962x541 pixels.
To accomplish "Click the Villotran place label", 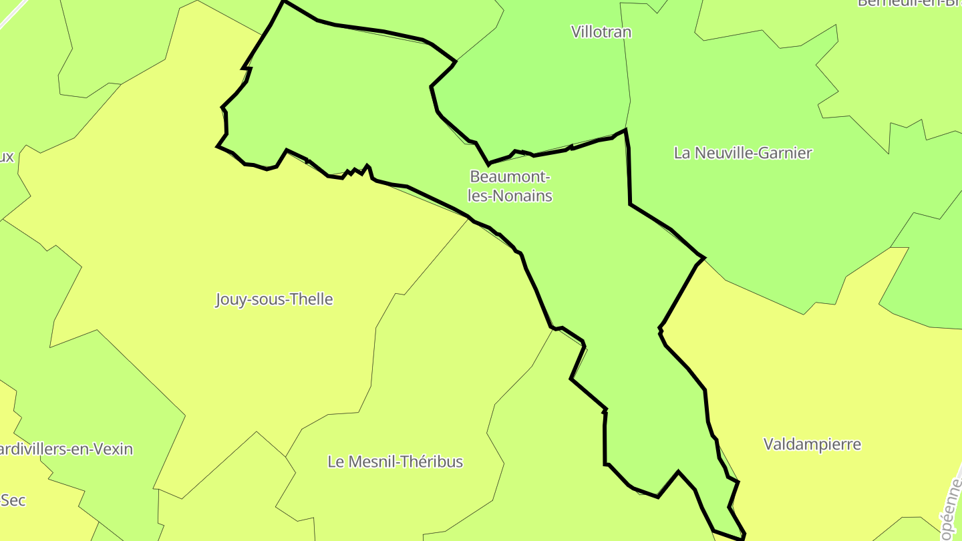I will pos(601,32).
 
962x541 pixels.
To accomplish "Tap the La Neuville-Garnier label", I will pos(743,153).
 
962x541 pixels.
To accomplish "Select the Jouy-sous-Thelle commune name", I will pos(274,299).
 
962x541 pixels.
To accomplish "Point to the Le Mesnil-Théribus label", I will pos(395,462).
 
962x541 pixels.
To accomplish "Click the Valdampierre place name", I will pos(812,444).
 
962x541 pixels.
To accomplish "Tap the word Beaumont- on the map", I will pos(510,177).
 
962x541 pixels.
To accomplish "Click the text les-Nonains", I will pos(510,196).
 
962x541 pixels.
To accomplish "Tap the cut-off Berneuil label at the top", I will pos(909,3).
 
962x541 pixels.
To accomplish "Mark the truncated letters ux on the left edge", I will pos(6,158).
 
